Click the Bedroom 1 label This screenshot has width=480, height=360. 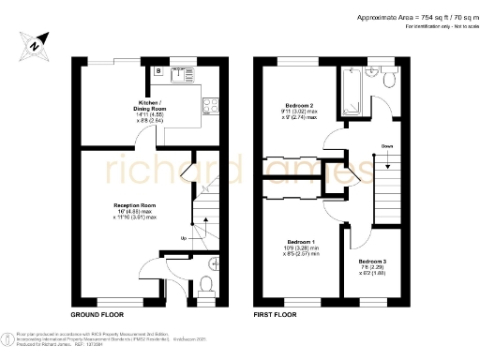[x=299, y=242]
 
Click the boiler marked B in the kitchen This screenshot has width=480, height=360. [x=159, y=70]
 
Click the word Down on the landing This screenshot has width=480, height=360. [x=387, y=146]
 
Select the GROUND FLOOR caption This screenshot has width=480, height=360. [x=97, y=313]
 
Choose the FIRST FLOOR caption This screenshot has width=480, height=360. [x=276, y=313]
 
